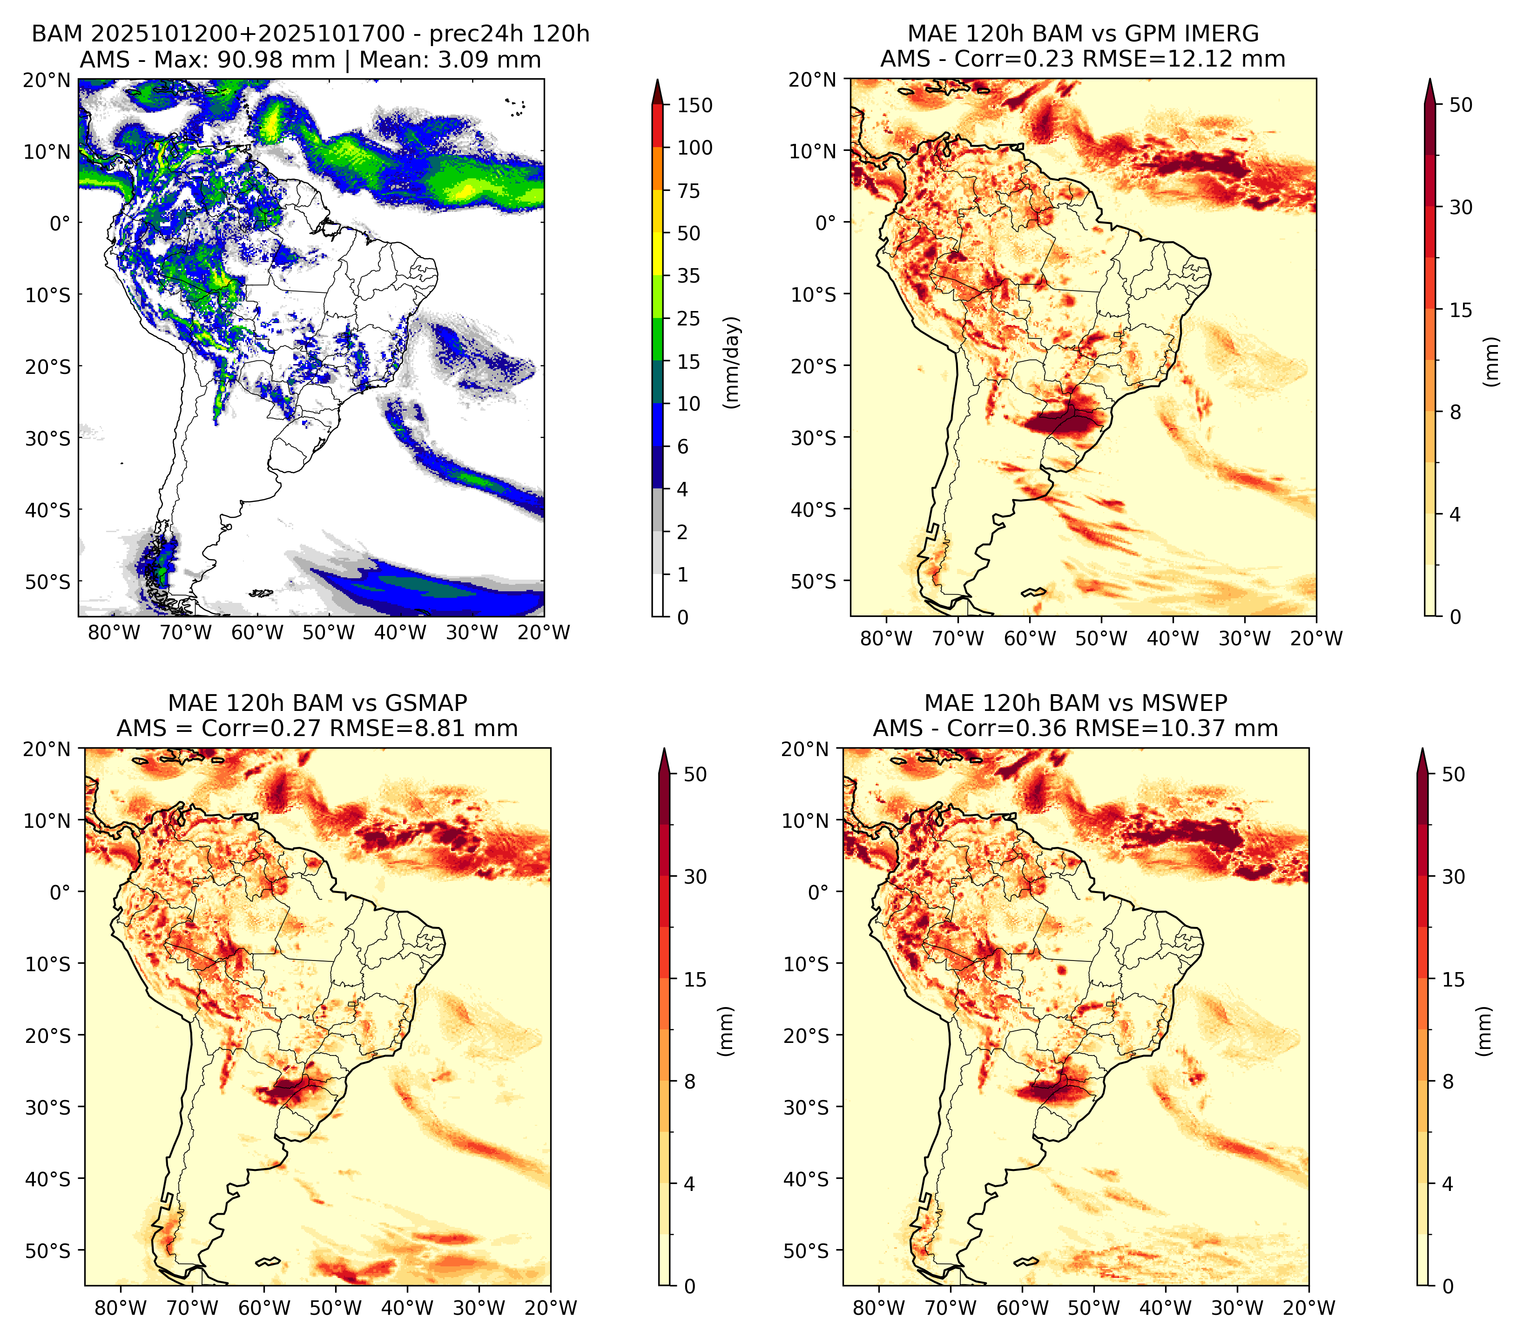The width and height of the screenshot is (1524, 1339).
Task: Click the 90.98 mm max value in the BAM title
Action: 276,60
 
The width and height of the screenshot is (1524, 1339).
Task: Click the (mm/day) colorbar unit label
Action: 733,362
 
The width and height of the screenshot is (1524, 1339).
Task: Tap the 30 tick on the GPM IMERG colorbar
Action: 1461,207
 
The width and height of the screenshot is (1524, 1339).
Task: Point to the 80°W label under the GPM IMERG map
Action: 886,639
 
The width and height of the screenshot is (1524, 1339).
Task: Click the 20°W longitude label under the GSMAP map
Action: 551,1308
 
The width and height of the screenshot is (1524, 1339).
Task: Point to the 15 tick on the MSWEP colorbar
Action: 1454,980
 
